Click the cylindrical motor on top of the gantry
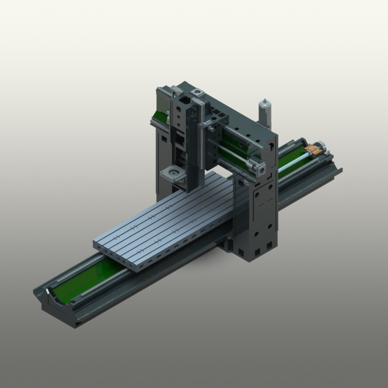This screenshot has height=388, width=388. coord(264,113)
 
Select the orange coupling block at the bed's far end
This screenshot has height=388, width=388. coord(316,149)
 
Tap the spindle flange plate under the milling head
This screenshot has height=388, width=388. coord(173,173)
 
